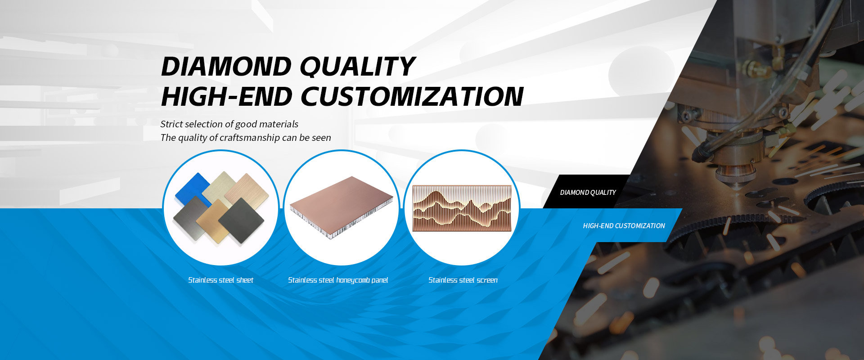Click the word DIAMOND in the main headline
point(226,67)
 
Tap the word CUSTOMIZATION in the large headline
point(412,97)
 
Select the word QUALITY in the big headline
point(357,67)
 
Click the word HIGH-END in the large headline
point(227,97)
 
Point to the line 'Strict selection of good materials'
point(229,124)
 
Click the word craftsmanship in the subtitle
point(249,138)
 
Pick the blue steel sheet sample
point(192,189)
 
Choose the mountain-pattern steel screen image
point(462,208)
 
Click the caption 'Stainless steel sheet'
point(220,280)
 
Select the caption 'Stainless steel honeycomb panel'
point(338,280)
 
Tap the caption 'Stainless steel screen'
point(463,280)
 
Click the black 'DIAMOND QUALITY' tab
point(587,192)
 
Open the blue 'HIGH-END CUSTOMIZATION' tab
point(624,225)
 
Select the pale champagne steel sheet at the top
point(220,185)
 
